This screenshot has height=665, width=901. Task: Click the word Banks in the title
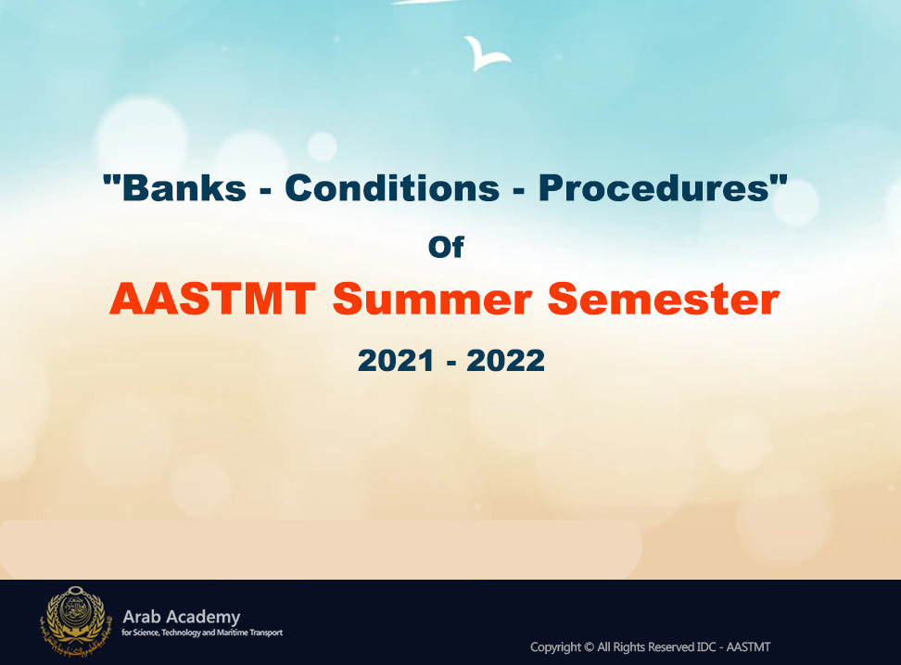point(184,188)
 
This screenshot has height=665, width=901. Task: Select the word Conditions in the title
point(392,188)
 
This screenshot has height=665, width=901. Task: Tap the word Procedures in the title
point(654,188)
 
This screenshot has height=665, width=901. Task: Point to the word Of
point(446,247)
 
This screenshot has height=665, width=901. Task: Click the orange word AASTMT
point(212,299)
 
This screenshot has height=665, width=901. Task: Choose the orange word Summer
point(432,299)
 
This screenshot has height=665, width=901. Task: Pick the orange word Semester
point(663,299)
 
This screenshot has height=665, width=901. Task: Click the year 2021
point(395,361)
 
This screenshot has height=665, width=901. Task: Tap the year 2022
point(506,361)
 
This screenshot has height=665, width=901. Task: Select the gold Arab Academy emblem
point(73,621)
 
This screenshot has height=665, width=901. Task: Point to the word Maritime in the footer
point(232,633)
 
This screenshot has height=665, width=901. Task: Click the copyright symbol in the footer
point(589,647)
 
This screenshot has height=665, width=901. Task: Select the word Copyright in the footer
point(555,647)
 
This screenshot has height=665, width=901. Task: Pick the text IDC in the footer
point(706,647)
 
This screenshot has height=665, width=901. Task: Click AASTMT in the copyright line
point(748,647)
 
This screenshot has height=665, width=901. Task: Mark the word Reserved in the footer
point(671,647)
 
